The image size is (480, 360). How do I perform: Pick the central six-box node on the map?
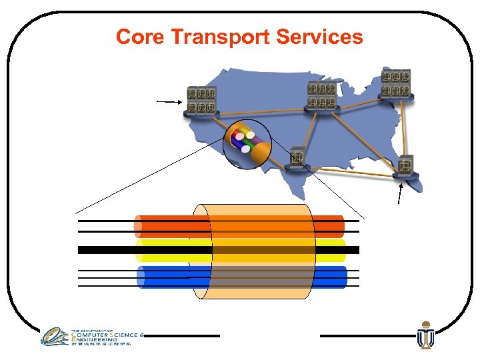(x=321, y=97)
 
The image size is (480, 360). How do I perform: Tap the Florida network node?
(x=405, y=167)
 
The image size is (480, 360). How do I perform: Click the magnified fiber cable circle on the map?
(x=247, y=143)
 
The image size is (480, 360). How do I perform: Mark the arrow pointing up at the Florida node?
(x=400, y=194)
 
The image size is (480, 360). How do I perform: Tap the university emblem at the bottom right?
(x=425, y=336)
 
